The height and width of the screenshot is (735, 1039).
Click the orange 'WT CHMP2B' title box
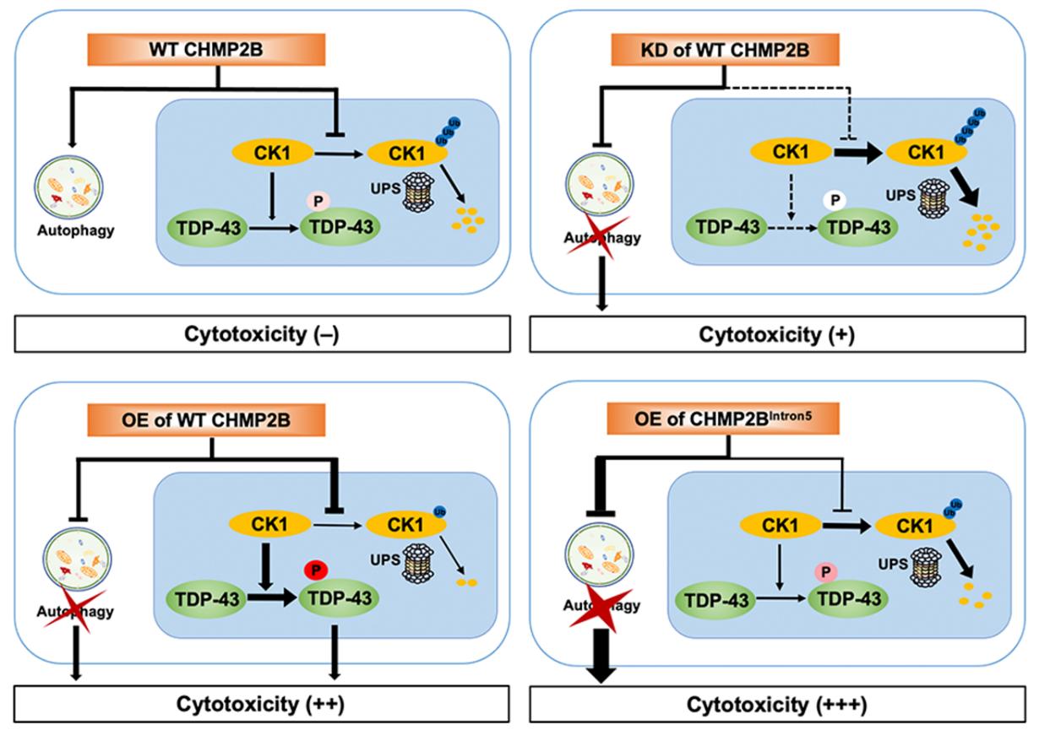click(x=219, y=51)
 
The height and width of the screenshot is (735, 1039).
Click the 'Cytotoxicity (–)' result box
click(x=262, y=334)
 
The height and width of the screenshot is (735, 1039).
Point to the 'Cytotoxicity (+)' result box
click(x=776, y=334)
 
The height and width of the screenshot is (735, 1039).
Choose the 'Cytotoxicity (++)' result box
click(x=262, y=702)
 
